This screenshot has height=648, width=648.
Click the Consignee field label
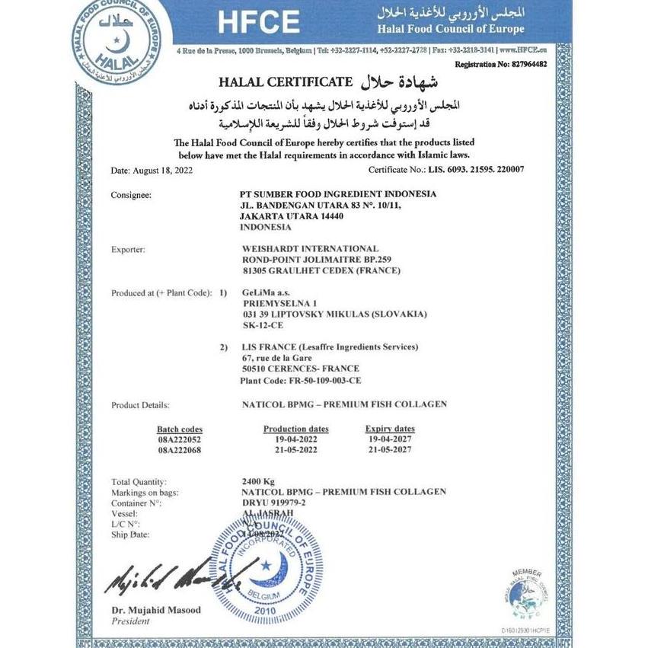131,195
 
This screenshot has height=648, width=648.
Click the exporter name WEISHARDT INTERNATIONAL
308,249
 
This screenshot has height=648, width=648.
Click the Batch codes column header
180,429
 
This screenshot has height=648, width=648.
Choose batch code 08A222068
180,450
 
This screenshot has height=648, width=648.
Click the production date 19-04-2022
295,440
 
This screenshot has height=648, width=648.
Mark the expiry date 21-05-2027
388,450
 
